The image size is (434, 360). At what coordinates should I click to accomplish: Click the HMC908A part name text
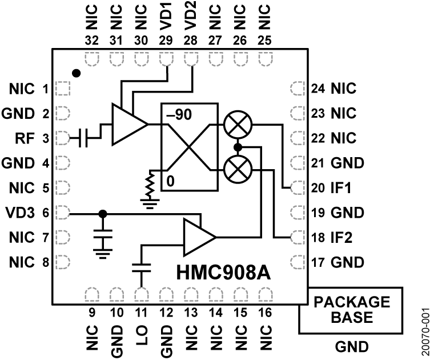[x=222, y=274]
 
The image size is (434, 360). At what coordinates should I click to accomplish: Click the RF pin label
[x=24, y=138]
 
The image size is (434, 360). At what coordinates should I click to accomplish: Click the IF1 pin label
[x=341, y=187]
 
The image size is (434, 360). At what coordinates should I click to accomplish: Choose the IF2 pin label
[x=341, y=237]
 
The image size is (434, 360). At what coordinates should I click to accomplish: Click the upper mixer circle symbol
[x=236, y=124]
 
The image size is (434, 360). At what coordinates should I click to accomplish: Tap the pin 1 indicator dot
[x=76, y=74]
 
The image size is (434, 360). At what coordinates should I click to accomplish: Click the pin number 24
[x=318, y=89]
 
